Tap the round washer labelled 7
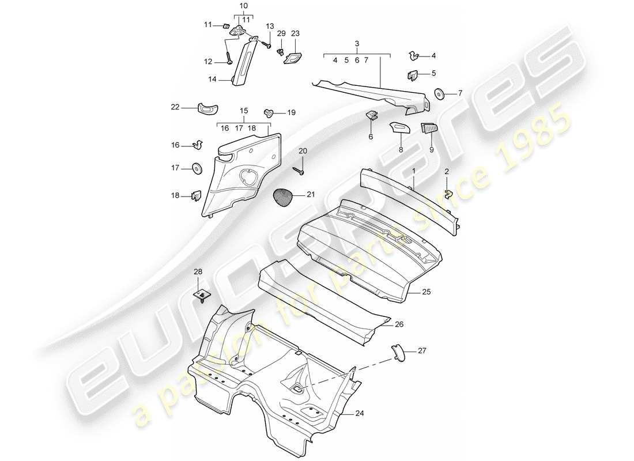pos(439,93)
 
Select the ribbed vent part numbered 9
pos(429,128)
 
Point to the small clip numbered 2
pos(448,192)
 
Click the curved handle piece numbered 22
pos(206,107)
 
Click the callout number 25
pos(426,293)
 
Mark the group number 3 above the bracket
pos(357,43)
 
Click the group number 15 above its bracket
pos(243,110)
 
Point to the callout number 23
pos(295,34)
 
